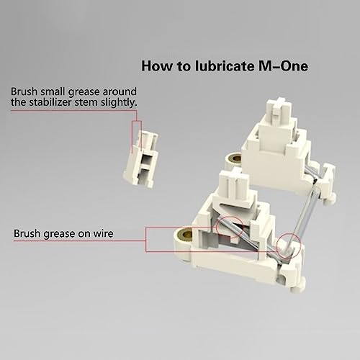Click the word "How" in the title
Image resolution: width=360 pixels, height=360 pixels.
pos(156,66)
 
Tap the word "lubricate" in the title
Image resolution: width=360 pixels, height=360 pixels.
pos(224,66)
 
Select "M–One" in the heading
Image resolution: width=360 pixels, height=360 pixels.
pos(283,66)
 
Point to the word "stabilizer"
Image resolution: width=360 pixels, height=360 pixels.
pos(50,102)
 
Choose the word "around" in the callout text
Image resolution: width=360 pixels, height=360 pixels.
pos(120,91)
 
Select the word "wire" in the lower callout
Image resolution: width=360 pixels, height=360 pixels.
pos(103,233)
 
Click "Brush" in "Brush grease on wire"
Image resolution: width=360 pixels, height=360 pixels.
pos(27,233)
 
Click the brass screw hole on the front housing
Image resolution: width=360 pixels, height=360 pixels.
pos(187,234)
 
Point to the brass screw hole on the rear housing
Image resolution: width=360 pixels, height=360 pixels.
pos(236,158)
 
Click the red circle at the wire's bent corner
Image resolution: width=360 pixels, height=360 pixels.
pos(288,245)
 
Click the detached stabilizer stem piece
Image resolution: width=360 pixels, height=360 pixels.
pos(141,159)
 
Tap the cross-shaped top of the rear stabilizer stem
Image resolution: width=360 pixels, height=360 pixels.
pos(280,106)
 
